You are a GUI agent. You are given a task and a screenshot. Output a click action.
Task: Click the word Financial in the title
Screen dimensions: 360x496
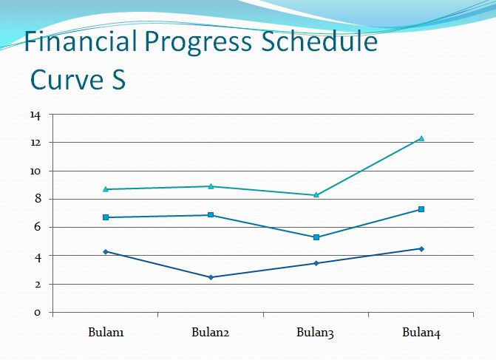(x=80, y=42)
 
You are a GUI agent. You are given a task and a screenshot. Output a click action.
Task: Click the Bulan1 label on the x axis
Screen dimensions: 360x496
(x=106, y=333)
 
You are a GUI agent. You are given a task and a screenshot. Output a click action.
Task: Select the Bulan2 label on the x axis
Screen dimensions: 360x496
(x=211, y=333)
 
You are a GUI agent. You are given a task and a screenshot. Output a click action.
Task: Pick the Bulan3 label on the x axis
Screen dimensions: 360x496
(x=316, y=333)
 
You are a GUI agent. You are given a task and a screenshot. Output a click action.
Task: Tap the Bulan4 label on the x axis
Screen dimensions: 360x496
(x=421, y=333)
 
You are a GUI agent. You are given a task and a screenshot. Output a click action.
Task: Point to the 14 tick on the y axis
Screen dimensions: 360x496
(x=35, y=115)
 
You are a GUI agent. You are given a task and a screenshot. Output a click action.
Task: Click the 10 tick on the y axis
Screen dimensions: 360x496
(x=35, y=171)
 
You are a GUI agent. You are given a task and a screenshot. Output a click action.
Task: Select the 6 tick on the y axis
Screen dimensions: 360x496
(x=37, y=228)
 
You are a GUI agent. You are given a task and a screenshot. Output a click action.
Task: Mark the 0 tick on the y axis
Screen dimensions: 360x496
(x=37, y=313)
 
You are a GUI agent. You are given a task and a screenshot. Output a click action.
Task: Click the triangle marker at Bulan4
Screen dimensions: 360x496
(x=421, y=138)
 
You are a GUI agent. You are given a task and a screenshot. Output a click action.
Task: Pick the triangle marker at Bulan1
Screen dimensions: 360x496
(x=106, y=189)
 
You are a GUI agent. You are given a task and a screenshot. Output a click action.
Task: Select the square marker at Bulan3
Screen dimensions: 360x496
(x=316, y=237)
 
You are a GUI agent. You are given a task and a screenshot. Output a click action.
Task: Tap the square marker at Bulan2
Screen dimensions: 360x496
(x=211, y=215)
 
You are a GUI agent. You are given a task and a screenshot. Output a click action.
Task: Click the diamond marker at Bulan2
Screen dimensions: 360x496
(x=211, y=277)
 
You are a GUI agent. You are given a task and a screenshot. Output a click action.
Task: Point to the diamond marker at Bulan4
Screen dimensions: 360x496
(x=421, y=248)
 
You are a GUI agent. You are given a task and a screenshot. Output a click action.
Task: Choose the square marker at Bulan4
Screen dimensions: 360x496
(x=421, y=209)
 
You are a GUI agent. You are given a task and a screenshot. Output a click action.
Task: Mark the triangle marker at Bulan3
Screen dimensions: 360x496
(x=316, y=195)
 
